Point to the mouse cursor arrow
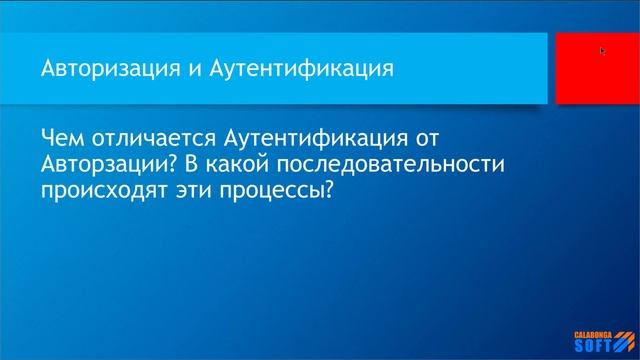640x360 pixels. click(x=602, y=50)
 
